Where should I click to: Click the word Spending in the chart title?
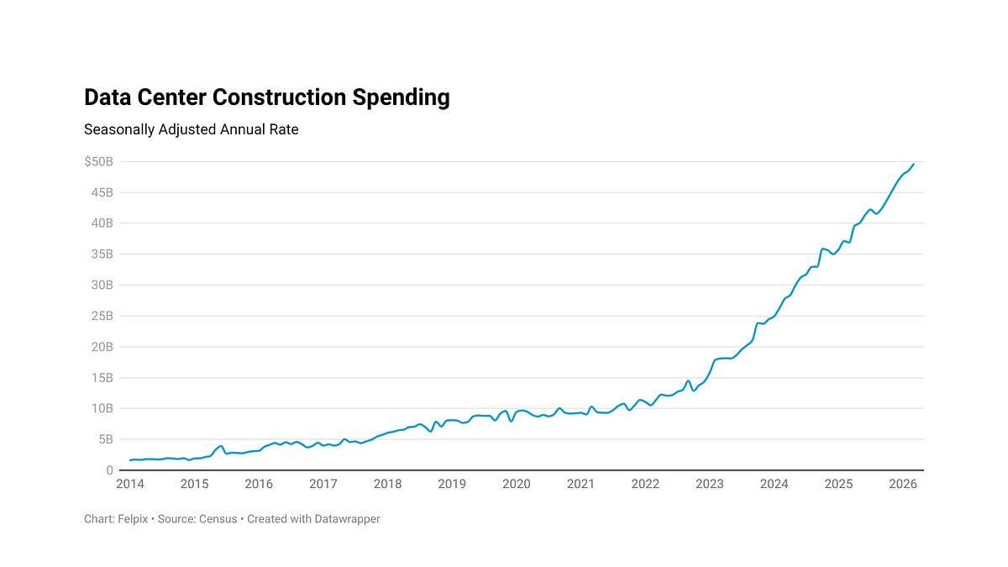(401, 98)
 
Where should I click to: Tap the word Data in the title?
(108, 97)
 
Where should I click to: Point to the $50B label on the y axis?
(98, 161)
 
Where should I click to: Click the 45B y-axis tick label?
(102, 192)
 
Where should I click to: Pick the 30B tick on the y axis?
(102, 285)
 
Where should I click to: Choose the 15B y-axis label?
(102, 378)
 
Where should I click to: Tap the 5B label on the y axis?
(106, 439)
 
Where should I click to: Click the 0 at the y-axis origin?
(110, 470)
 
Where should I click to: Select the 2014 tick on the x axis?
(130, 484)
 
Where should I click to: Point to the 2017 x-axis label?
(323, 484)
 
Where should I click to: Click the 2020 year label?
(516, 484)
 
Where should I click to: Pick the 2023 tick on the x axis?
(710, 484)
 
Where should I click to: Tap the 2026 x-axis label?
(903, 484)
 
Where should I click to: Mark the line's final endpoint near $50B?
(914, 165)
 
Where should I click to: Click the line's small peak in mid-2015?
(220, 446)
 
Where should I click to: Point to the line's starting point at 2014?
(130, 460)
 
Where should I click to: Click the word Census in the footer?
(218, 519)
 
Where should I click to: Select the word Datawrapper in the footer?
(348, 519)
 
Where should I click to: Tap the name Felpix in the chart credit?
(133, 519)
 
